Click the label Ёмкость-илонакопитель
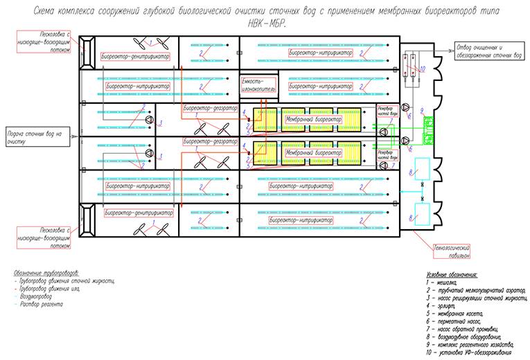(x=258, y=85)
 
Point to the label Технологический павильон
(x=452, y=250)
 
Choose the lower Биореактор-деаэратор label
(x=209, y=141)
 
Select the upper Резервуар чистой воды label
(x=388, y=111)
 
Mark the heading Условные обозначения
(x=448, y=274)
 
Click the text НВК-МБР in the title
(x=265, y=24)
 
